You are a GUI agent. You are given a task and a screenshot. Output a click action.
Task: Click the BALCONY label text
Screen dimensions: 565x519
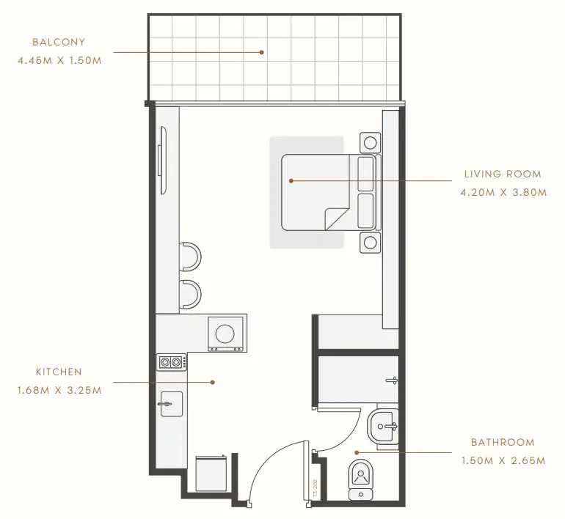[59, 42]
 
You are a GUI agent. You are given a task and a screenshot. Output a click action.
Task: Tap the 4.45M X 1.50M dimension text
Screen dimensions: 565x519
[59, 60]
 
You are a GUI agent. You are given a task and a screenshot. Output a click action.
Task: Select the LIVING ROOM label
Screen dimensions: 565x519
[503, 174]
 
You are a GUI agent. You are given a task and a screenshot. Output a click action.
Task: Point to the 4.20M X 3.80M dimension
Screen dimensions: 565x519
[503, 193]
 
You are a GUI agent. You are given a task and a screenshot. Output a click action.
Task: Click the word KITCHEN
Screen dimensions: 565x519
[59, 372]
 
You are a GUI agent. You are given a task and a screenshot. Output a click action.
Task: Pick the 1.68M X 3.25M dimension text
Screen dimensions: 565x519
[59, 390]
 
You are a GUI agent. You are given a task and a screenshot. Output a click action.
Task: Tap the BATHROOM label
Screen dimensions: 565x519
[503, 442]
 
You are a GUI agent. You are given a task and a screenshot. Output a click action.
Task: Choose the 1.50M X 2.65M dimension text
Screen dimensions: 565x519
[503, 460]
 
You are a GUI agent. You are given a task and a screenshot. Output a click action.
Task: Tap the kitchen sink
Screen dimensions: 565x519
[171, 404]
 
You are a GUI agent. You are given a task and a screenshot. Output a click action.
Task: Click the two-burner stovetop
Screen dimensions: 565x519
[172, 361]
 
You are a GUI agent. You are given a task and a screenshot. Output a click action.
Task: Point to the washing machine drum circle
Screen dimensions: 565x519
[225, 334]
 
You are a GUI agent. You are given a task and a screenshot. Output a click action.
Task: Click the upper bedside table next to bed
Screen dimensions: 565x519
[370, 143]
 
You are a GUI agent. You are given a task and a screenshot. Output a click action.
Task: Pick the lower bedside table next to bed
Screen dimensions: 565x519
[370, 243]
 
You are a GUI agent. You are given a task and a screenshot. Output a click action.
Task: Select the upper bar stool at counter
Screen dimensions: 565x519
[190, 257]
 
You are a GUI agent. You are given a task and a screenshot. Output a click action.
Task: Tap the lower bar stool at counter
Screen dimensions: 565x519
[190, 295]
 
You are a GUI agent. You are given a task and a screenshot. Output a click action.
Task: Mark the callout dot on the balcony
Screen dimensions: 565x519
[262, 52]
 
